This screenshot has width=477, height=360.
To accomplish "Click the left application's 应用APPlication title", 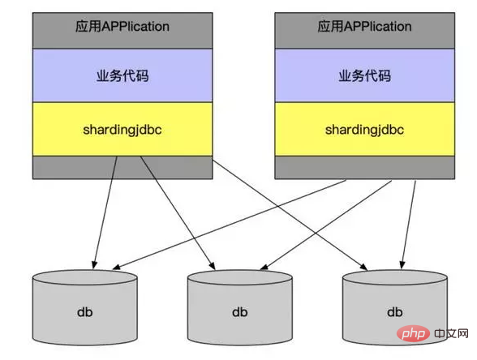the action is (122, 27).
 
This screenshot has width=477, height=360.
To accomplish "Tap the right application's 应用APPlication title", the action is (364, 27).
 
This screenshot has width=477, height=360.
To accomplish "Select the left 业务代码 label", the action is (122, 75).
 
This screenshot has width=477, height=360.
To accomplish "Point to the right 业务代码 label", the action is (365, 75).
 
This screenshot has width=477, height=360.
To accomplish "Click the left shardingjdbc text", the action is (122, 130).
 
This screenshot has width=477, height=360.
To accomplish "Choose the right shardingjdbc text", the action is (364, 130).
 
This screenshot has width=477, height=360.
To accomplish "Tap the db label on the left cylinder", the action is (85, 312).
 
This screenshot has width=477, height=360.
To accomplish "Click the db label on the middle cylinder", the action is (240, 312).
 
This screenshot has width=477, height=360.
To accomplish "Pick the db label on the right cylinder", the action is (395, 312).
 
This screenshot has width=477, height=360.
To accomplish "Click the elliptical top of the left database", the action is (85, 277).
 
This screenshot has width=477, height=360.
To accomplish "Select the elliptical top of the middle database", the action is (240, 277).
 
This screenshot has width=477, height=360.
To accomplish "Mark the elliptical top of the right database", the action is (395, 277).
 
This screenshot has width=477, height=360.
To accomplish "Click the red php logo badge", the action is (413, 333).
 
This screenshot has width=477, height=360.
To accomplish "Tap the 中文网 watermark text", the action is (451, 333).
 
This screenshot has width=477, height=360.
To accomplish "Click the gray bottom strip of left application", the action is (122, 168).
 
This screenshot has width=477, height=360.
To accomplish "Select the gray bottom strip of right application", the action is (365, 168).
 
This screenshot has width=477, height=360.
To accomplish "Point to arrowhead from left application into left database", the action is (95, 265).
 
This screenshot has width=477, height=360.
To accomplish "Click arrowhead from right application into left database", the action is (117, 267).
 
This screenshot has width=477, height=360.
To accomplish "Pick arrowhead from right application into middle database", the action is (264, 267).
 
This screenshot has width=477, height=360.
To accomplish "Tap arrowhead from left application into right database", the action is (363, 267).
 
